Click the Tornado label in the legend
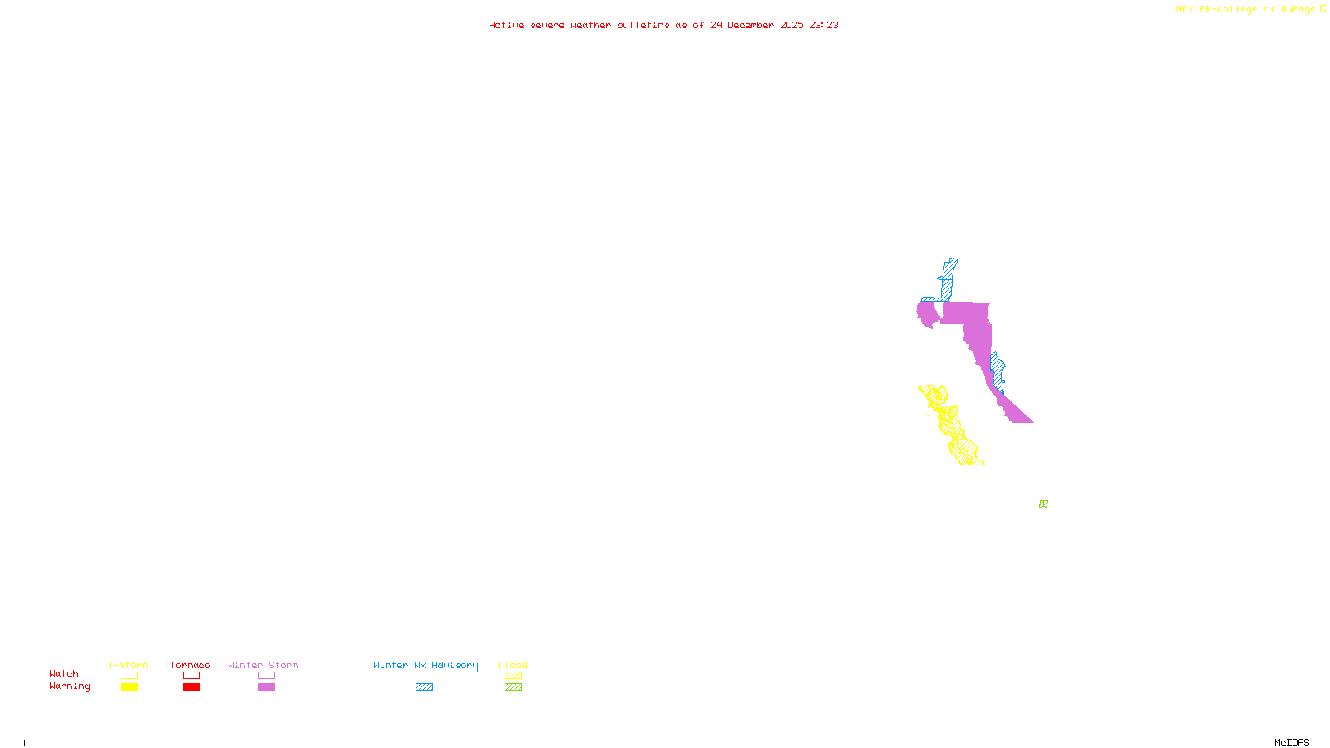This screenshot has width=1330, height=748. click(x=190, y=665)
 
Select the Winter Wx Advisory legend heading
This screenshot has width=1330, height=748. click(x=426, y=665)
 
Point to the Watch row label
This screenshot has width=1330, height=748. click(x=64, y=673)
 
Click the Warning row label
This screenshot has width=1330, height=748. click(x=70, y=686)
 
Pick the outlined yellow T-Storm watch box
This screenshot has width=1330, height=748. click(x=129, y=676)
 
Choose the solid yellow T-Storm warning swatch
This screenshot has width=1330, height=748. click(x=129, y=687)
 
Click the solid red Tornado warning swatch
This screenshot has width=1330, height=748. click(x=191, y=687)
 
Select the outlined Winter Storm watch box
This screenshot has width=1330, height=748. click(x=266, y=676)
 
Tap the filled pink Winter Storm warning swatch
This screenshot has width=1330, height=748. click(x=266, y=687)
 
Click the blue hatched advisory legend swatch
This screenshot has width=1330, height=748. click(x=424, y=687)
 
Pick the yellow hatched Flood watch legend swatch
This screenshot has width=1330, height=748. click(x=513, y=676)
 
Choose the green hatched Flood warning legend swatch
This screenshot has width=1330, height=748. click(x=513, y=687)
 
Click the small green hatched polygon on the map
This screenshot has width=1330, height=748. click(x=1043, y=504)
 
